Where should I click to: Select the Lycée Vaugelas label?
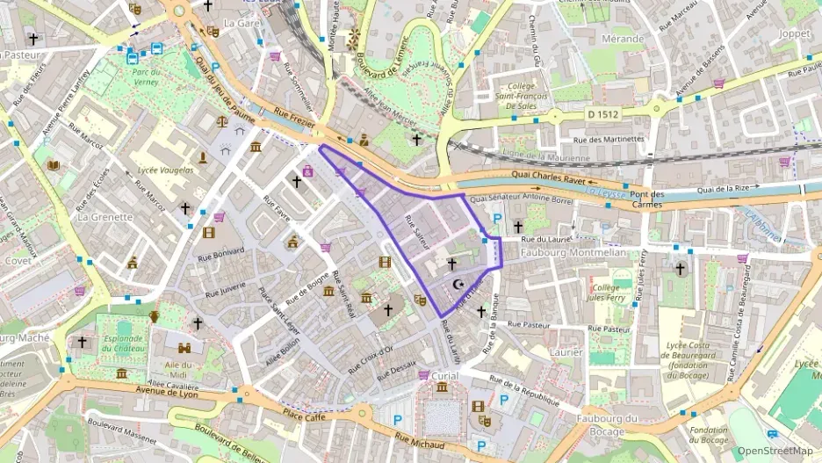point(165,170)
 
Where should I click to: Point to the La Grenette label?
point(105,216)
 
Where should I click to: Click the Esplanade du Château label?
point(124,342)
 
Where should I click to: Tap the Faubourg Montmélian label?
point(571,253)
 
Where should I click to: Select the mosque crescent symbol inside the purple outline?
point(457,284)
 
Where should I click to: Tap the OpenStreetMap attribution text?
point(775,451)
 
